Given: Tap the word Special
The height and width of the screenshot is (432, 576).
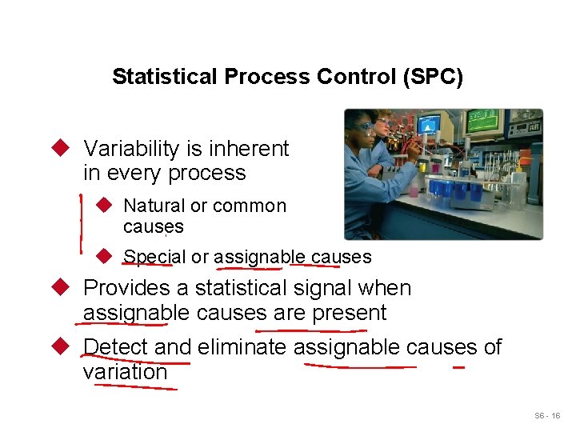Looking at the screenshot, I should pyautogui.click(x=154, y=257).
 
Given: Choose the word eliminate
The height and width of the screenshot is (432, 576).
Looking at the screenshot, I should pyautogui.click(x=242, y=347).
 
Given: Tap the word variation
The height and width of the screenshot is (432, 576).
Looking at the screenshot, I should pyautogui.click(x=125, y=372).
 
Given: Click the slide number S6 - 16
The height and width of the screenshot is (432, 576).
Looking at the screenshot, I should pyautogui.click(x=547, y=416).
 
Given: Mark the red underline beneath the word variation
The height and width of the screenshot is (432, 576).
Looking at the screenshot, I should pyautogui.click(x=136, y=386).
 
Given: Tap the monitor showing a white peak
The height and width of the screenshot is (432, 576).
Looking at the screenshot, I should pyautogui.click(x=429, y=124).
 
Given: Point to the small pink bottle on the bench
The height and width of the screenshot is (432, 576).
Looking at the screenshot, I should pyautogui.click(x=414, y=190).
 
